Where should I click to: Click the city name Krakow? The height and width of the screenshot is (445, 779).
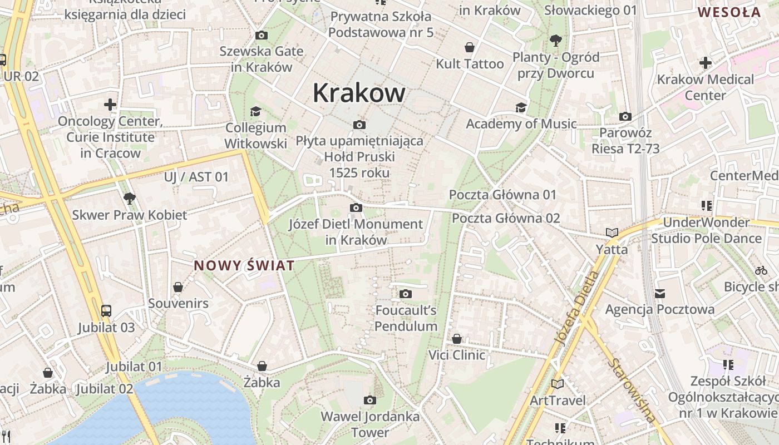(359, 93)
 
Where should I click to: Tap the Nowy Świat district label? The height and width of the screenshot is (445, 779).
(244, 266)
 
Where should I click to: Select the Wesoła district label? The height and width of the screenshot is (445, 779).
(728, 12)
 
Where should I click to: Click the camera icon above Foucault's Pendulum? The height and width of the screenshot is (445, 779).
(406, 294)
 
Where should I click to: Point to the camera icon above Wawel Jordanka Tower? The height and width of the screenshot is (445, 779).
(369, 400)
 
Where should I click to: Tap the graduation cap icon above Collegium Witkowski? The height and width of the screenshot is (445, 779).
(255, 111)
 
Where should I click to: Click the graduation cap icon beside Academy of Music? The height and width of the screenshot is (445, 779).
(521, 107)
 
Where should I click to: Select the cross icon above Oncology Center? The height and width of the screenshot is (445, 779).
(110, 104)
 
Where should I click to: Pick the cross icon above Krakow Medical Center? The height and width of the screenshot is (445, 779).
(705, 63)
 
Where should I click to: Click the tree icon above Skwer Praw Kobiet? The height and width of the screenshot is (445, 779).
(129, 197)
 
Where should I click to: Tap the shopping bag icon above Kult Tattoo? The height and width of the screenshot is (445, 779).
(470, 47)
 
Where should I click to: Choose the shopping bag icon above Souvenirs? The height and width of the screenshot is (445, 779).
(178, 287)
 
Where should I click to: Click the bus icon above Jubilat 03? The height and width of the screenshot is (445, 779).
(106, 310)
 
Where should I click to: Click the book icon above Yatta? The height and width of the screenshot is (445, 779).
(612, 233)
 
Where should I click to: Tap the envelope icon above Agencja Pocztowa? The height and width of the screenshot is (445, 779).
(660, 293)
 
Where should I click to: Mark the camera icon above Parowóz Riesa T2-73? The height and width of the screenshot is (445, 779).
(625, 116)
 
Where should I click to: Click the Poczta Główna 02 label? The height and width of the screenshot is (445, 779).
(506, 218)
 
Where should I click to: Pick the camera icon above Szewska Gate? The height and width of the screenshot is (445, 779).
(261, 35)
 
